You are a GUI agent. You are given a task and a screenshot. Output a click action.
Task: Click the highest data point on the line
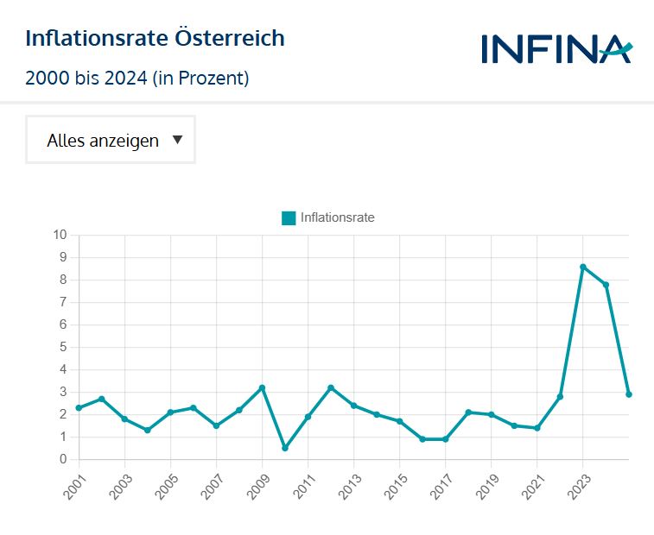point(583,267)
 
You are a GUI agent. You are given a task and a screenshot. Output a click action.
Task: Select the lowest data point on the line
point(285,448)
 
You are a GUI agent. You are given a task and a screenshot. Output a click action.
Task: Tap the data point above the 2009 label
point(262,387)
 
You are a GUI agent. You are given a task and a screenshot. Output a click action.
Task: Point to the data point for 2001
point(79,408)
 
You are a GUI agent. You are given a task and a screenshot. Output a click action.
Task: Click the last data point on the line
point(629,394)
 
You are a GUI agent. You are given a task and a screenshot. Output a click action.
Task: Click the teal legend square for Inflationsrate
point(289,218)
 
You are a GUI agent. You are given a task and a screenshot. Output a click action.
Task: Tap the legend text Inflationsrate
point(337,218)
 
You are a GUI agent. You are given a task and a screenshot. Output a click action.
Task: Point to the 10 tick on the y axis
point(60,235)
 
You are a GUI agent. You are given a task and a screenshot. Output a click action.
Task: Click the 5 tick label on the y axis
point(63,347)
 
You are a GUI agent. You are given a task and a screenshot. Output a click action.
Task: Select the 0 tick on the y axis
point(63,459)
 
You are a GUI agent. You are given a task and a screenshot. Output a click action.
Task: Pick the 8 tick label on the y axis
point(63,280)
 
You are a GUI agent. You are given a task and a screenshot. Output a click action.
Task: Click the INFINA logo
point(556,48)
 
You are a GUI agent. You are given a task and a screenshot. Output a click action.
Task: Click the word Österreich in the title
point(230,39)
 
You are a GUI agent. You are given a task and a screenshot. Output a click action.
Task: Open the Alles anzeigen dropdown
point(111,140)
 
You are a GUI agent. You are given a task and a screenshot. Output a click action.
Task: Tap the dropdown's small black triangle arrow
point(177,140)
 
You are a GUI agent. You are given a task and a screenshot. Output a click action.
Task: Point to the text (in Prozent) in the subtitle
point(200,79)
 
